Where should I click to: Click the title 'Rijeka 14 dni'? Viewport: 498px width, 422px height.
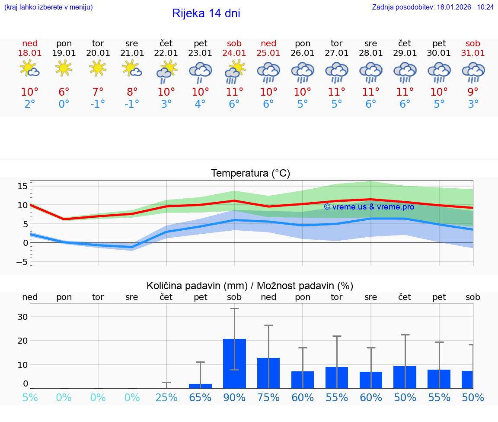(x=206, y=13)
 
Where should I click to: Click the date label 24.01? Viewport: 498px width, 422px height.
(x=234, y=53)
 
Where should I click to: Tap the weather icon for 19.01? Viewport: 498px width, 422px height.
(x=64, y=68)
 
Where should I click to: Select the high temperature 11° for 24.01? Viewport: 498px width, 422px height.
(x=234, y=92)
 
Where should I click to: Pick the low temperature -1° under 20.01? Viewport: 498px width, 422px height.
(x=98, y=104)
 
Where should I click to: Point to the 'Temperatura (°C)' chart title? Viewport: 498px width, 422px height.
(x=250, y=174)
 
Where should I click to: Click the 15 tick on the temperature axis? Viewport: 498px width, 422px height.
(x=22, y=186)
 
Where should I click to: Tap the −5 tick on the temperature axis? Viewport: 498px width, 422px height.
(x=22, y=262)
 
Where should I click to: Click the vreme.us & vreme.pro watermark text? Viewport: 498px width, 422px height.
(x=369, y=207)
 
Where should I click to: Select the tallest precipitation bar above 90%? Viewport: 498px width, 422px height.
(x=234, y=364)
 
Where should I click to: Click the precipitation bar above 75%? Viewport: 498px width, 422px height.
(x=268, y=373)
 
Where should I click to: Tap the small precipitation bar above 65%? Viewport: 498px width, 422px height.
(x=200, y=386)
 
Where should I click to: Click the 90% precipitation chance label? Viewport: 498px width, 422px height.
(x=234, y=398)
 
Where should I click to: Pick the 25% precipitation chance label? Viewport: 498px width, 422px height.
(x=166, y=398)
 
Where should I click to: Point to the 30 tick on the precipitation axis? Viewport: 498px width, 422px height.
(x=22, y=317)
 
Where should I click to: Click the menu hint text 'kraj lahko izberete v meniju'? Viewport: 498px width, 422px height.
(x=48, y=7)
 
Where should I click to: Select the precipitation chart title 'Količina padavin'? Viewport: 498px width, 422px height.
(x=250, y=286)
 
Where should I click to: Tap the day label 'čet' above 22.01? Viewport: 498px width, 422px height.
(x=166, y=43)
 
